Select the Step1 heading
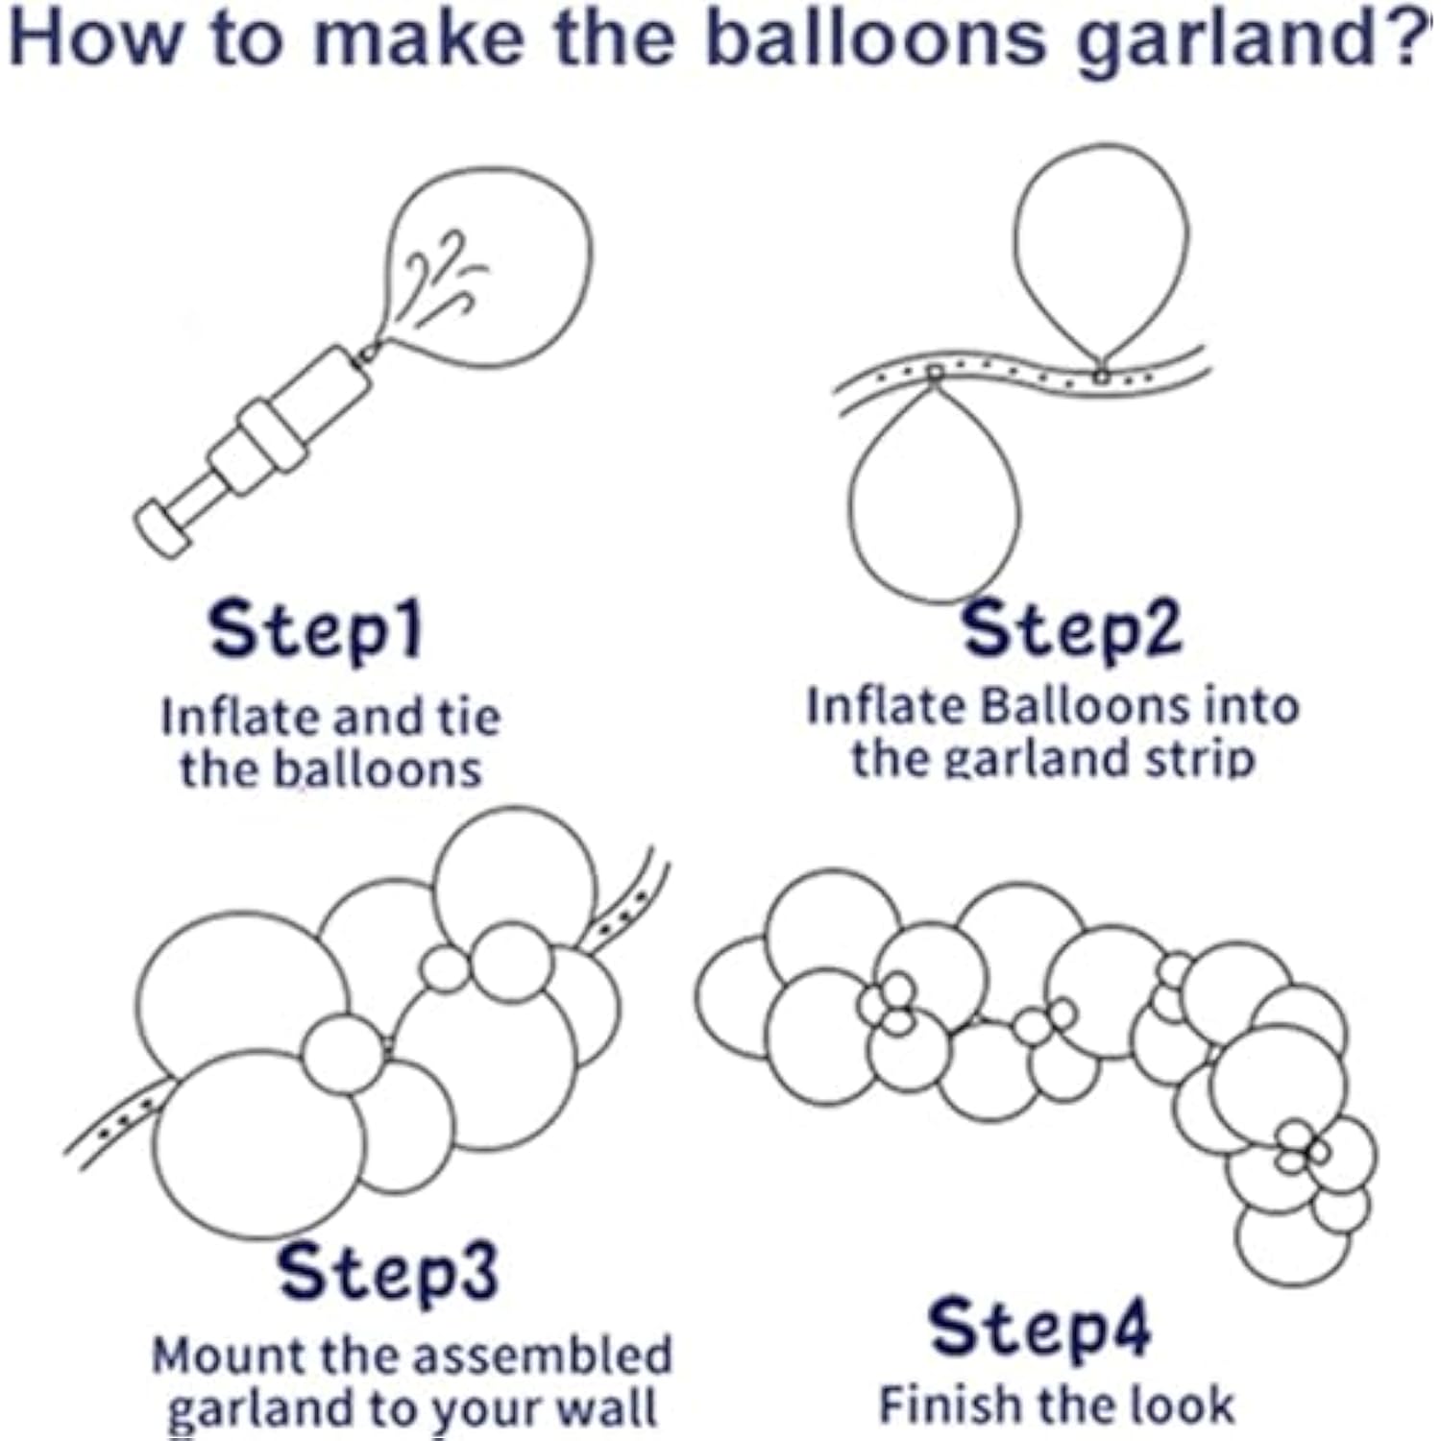[316, 630]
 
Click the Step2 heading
[1072, 630]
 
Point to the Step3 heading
[388, 1272]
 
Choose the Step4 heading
[1039, 1329]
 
